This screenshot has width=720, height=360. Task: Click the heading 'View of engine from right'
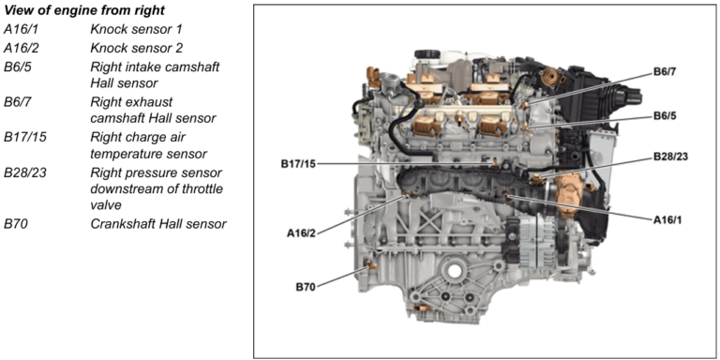84,10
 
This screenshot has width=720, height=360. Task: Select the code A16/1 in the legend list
22,29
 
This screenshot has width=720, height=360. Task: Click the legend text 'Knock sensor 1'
136,29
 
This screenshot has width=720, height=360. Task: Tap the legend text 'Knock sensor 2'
136,48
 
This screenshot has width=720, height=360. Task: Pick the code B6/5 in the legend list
21,67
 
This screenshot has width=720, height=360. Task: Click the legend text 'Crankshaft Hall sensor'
157,223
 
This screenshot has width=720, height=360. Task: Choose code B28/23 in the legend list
27,172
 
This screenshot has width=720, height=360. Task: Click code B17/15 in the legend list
27,137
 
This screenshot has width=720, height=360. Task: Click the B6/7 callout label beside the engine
669,72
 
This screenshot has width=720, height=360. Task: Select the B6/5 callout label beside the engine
669,117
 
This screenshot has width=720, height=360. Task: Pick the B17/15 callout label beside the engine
298,164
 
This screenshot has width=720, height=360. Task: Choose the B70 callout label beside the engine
304,287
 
